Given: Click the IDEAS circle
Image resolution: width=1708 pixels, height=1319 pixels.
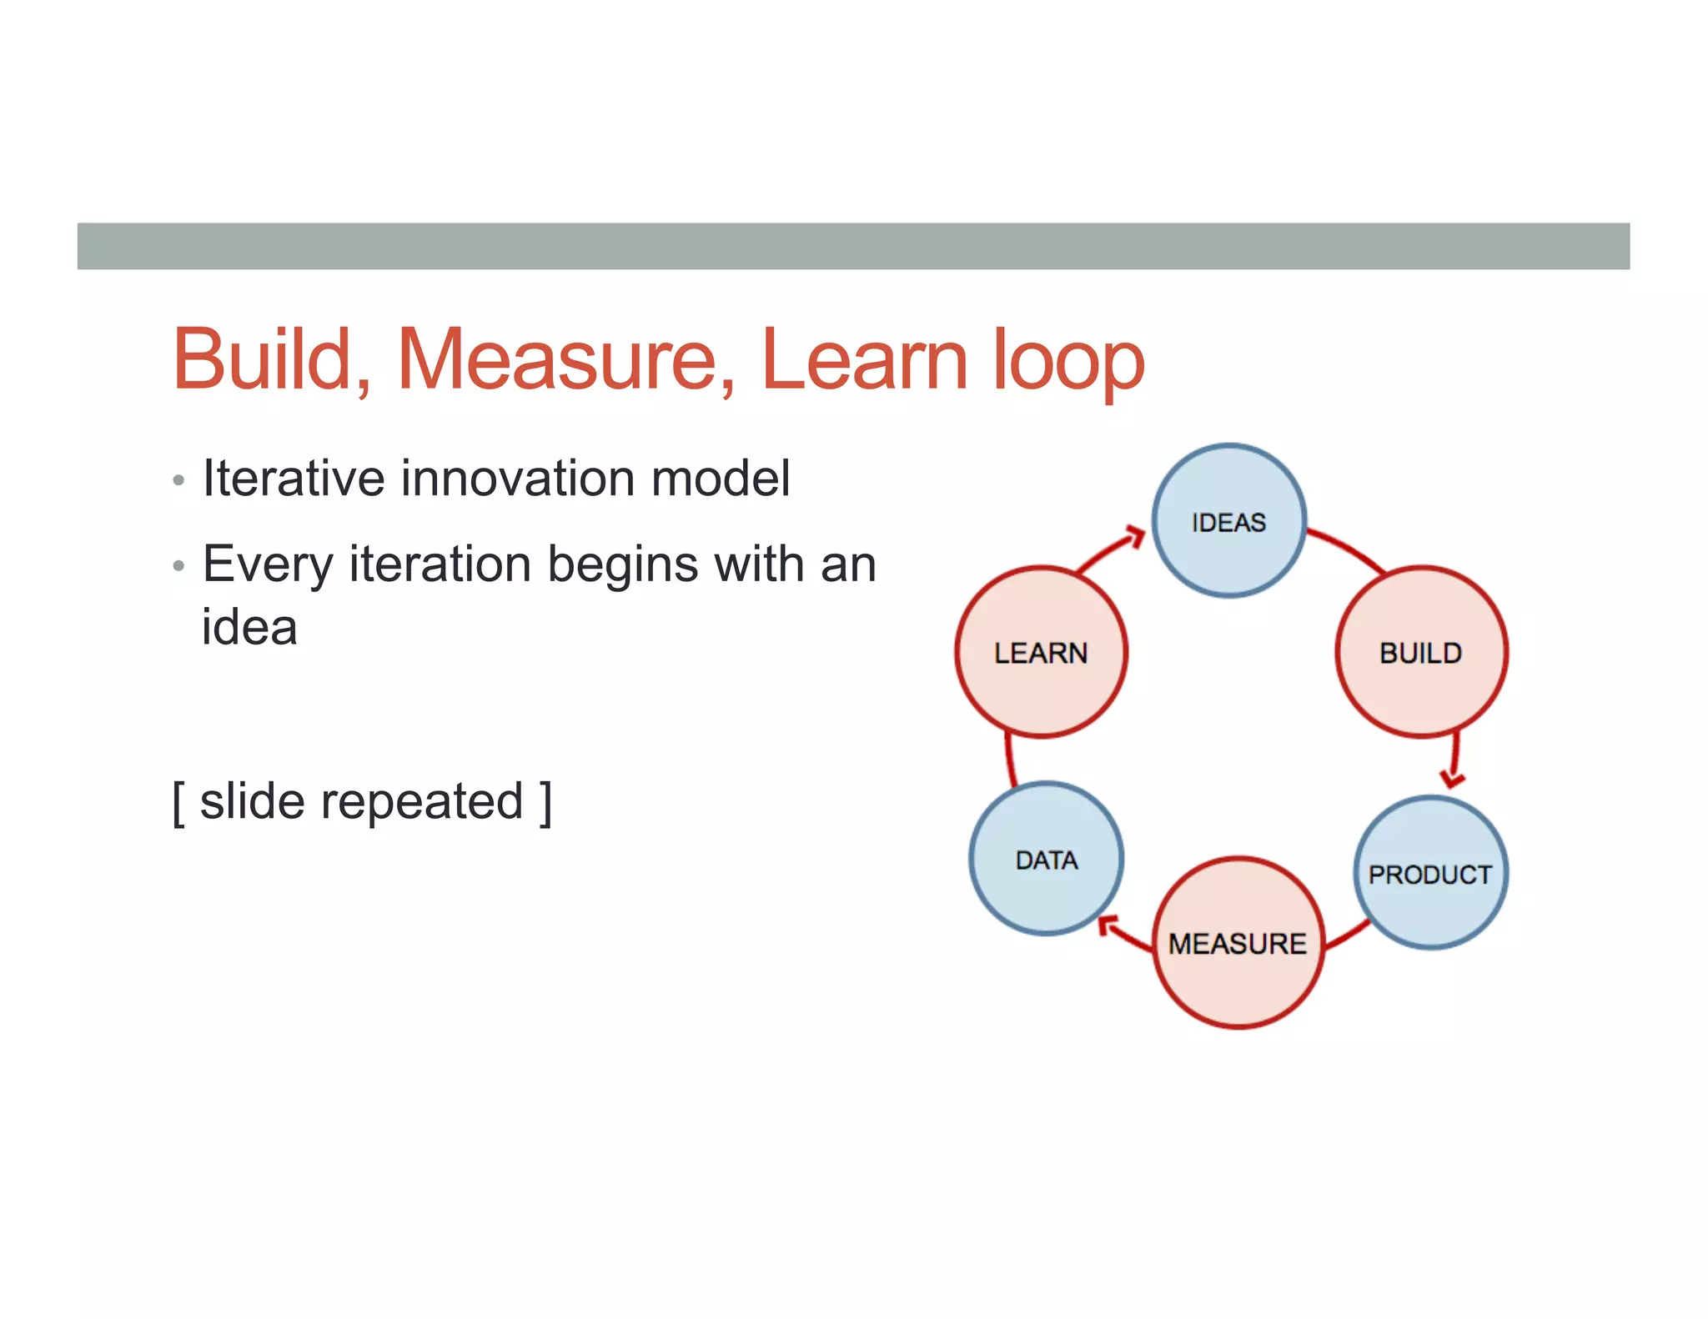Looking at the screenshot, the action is pos(1228,521).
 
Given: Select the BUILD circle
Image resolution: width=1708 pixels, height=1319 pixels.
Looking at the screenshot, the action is pos(1421,652).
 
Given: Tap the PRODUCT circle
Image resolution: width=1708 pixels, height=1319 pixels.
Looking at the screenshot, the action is pos(1430,873).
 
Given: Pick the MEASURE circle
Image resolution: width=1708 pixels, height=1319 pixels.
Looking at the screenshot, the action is pos(1238,943).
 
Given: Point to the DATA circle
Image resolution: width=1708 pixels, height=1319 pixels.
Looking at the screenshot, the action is pos(1046,859).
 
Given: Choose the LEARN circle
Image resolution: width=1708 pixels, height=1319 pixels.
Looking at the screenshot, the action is pos(1041,652).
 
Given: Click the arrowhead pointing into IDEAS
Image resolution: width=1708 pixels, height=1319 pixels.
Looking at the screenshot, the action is pos(1135,536).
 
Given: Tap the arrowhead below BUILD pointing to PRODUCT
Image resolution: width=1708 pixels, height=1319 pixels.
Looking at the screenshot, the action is pos(1452,779).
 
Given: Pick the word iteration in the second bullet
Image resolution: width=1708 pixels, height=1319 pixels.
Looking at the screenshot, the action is pos(440,564).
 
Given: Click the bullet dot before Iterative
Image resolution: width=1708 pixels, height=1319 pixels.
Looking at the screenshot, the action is pos(178,481).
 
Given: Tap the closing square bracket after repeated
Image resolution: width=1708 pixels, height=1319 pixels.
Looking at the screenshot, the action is pos(545,802).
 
